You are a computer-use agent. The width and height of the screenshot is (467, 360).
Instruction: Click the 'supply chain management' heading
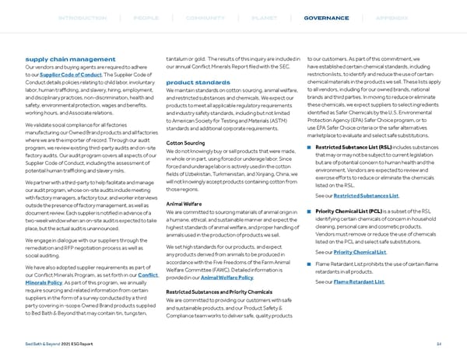[70, 59]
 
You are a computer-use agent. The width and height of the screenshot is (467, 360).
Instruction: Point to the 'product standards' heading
[199, 82]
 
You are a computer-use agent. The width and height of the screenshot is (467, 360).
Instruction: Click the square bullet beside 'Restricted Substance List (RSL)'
[311, 148]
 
